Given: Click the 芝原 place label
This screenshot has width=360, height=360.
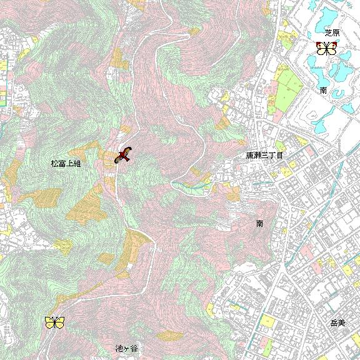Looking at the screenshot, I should (332, 32).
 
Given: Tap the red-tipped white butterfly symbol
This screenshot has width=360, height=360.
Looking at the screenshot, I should (327, 48).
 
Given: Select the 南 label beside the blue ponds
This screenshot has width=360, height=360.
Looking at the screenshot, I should (323, 91).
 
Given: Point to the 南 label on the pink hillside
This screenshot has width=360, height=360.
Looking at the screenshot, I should (259, 222).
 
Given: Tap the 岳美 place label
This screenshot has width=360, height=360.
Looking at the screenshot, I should (337, 323).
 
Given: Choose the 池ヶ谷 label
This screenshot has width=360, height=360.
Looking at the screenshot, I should (126, 347).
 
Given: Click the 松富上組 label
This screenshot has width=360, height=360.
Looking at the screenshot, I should (66, 163).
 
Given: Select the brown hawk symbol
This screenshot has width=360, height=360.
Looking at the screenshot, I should (124, 155).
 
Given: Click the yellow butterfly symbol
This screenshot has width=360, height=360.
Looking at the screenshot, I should (54, 322).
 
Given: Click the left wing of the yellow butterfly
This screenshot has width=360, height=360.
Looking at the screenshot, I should (50, 322).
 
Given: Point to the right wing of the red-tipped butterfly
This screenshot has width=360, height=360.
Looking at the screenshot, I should (332, 48).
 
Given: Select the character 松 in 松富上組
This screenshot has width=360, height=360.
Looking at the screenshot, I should (54, 163).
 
